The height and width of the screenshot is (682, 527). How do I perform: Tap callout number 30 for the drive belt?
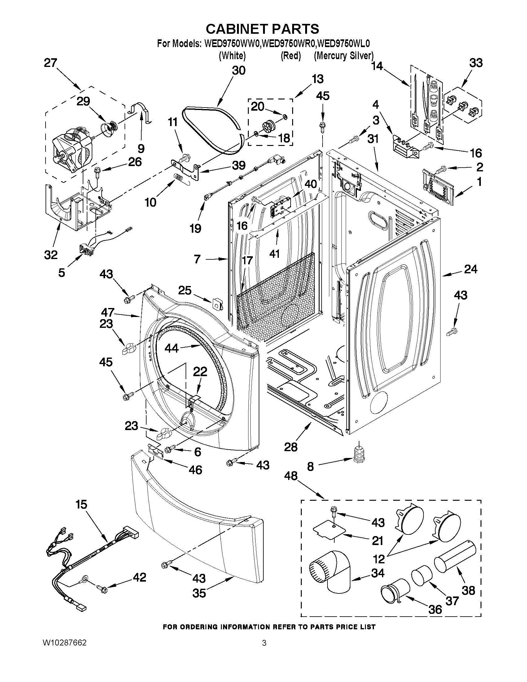click(239, 71)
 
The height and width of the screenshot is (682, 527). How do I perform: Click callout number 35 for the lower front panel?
click(199, 593)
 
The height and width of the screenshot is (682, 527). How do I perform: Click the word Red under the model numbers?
click(290, 56)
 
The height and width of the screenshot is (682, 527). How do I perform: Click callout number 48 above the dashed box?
click(291, 476)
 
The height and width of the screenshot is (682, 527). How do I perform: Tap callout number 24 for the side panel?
click(471, 269)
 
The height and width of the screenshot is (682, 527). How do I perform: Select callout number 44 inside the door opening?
click(172, 348)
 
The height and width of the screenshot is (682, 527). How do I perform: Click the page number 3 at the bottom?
click(264, 643)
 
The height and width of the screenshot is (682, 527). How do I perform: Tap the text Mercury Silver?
click(344, 56)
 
